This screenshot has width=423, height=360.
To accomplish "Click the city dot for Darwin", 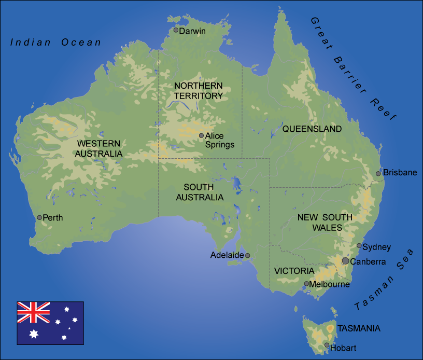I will [176, 31].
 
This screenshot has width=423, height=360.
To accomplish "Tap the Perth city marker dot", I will [39, 217].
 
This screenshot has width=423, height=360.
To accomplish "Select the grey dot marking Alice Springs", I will [201, 135].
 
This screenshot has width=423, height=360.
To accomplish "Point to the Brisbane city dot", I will [378, 173].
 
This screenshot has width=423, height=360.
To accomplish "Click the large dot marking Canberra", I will [345, 261].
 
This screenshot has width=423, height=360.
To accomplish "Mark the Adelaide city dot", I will [247, 255].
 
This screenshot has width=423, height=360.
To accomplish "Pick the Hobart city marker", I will [327, 345].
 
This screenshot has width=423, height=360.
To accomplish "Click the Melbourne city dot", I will [306, 284].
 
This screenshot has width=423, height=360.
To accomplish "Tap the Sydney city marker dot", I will [359, 246].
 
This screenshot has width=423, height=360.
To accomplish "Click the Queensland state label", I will [312, 129].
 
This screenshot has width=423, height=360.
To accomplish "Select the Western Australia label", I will [99, 148].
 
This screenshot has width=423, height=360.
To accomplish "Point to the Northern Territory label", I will [199, 91].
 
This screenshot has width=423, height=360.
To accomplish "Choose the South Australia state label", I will [200, 192].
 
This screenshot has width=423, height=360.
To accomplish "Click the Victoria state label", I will [294, 271].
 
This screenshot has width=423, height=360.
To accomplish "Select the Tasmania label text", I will [359, 328].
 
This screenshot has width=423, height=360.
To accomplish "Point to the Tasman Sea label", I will [384, 281].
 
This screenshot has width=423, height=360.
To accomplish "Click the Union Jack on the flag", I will [34, 312].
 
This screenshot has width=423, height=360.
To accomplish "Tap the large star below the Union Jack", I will [34, 334].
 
